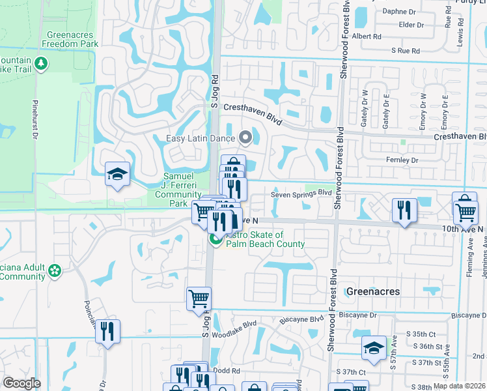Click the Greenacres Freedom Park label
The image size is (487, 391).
click(70, 39)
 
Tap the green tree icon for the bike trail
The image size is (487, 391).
click(41, 63)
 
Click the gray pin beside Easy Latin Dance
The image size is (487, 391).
click(245, 137)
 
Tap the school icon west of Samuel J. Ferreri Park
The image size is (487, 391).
click(117, 174)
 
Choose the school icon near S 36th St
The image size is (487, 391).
click(374, 347)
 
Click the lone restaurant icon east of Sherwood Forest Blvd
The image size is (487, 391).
click(404, 210)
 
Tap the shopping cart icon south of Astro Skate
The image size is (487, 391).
click(199, 298)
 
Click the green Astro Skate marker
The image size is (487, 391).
click(215, 240)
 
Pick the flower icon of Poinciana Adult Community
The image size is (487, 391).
click(55, 269)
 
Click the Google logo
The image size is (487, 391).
click(21, 383)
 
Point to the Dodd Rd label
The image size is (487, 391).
click(227, 370)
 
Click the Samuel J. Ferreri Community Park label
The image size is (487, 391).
click(182, 190)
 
